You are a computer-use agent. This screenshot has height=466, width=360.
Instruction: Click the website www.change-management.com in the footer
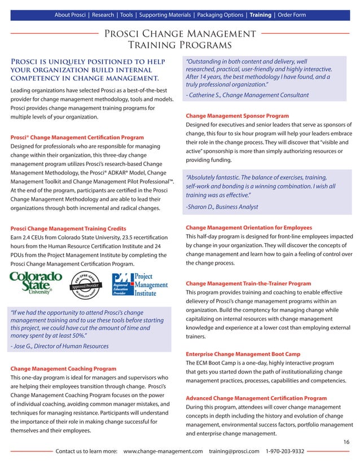click(163, 451)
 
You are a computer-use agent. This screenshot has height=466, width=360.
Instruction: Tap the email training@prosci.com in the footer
click(234, 451)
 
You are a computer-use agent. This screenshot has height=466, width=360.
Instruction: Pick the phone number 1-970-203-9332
click(285, 451)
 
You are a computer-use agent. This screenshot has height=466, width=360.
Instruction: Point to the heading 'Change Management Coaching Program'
click(63, 368)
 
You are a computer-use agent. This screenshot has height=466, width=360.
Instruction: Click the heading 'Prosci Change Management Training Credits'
click(68, 228)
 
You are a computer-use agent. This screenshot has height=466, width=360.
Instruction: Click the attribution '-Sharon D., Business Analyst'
click(221, 207)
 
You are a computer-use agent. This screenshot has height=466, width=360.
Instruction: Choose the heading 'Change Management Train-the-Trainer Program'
click(248, 283)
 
